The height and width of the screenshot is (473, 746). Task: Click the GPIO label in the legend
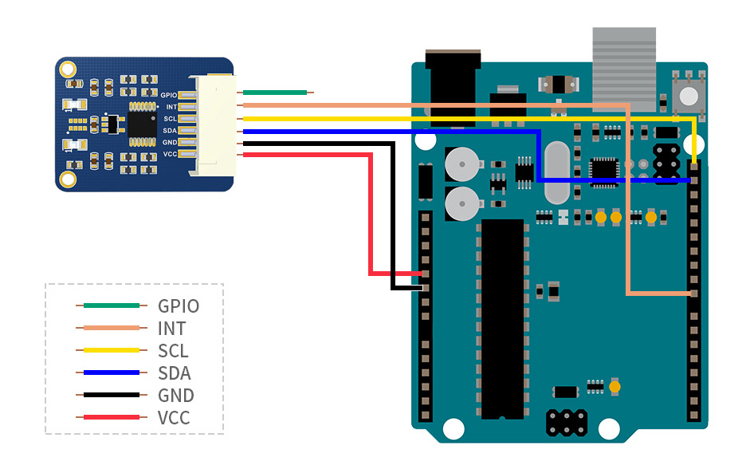178,305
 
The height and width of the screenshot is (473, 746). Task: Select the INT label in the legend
171,328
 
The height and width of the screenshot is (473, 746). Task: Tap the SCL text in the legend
173,350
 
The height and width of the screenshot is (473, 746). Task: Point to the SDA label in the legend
175,372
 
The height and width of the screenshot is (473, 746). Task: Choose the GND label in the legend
175,395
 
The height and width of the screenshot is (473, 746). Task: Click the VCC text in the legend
174,417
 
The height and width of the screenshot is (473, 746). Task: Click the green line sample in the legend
111,305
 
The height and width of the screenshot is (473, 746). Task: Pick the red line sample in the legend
111,417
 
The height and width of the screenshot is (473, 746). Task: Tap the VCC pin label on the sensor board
170,154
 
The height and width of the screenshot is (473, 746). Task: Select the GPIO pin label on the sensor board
168,95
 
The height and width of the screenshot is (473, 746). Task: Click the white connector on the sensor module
216,124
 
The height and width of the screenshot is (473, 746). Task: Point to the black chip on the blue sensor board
142,124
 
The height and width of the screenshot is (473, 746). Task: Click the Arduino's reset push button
688,96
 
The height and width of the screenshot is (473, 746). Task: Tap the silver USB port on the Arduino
624,69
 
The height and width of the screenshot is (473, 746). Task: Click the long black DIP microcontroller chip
501,319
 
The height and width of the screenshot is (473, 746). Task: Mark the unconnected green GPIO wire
275,93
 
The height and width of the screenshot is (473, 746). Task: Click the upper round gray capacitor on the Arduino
459,165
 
